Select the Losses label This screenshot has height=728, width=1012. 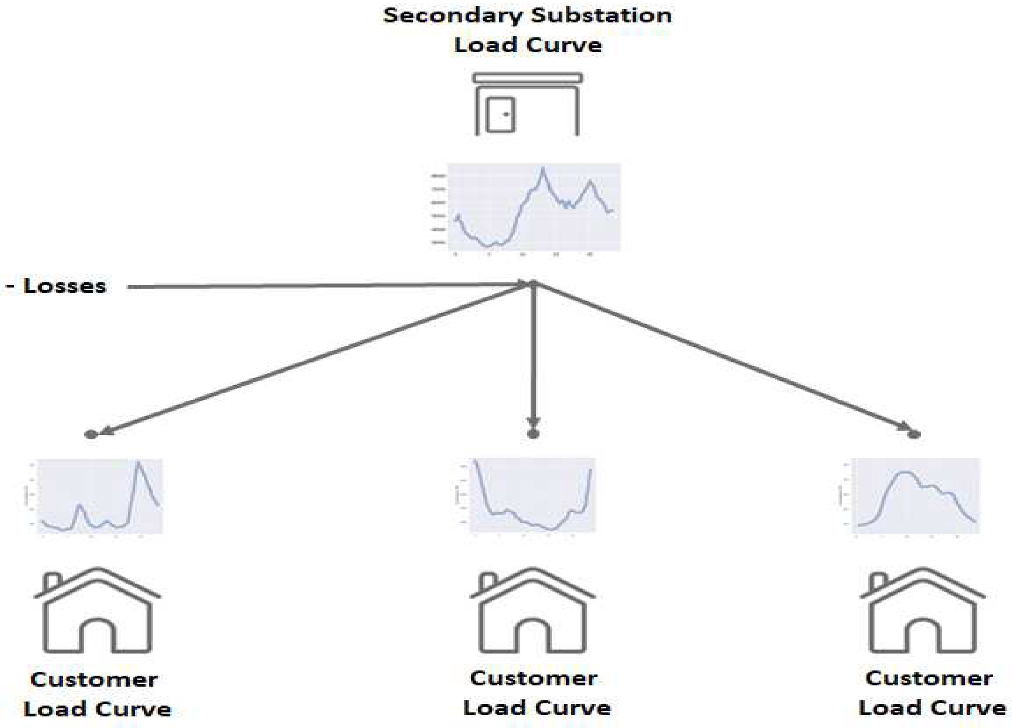pos(64,286)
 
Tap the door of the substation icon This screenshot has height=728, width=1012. pos(500,115)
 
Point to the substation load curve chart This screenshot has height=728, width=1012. pos(534,207)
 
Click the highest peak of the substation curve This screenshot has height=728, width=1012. pos(543,169)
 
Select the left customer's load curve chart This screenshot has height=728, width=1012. pos(100,496)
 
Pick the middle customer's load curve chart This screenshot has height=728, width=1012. pos(532,495)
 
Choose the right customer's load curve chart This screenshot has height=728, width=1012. pos(915,495)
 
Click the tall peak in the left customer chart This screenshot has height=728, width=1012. pos(138,462)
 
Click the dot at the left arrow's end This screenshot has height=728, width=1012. pos(91,434)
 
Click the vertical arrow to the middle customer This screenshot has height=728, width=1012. pos(533,357)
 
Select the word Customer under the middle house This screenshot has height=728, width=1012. pos(533,678)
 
